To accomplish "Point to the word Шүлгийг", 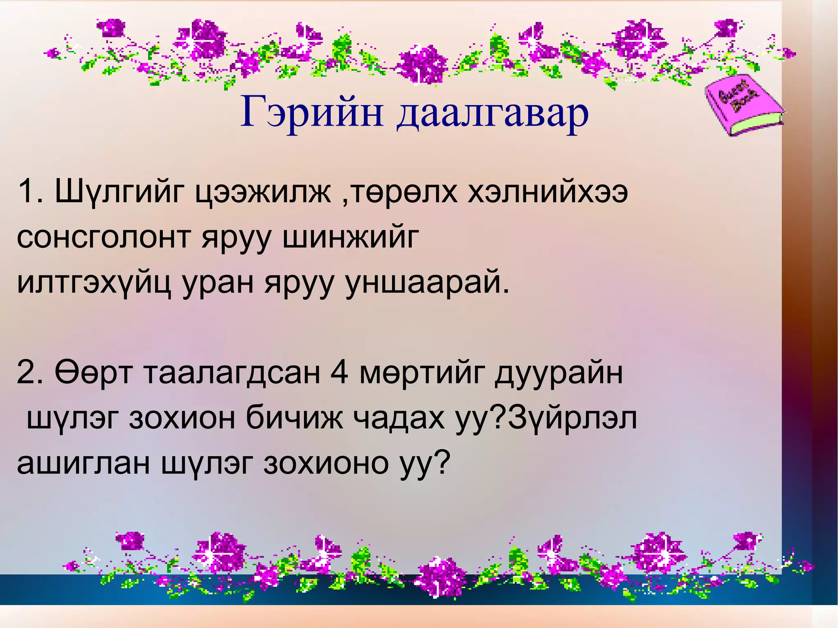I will pyautogui.click(x=119, y=192).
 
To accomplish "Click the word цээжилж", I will pyautogui.click(x=262, y=192).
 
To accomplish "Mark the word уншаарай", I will pyautogui.click(x=428, y=282).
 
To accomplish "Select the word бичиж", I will pyautogui.click(x=295, y=418).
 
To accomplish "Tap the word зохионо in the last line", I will pyautogui.click(x=325, y=463).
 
